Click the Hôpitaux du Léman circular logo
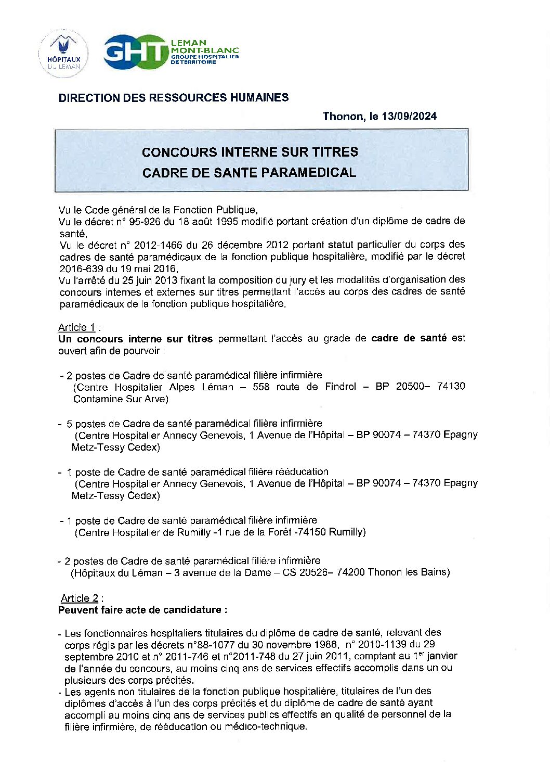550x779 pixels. tap(63, 54)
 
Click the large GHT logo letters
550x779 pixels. tap(136, 52)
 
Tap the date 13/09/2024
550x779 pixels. tap(409, 116)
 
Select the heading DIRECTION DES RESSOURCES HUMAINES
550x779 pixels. tap(174, 98)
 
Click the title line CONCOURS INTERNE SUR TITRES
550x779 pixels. tap(250, 152)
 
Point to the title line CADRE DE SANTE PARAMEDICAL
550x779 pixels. tap(249, 173)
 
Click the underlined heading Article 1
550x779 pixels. tap(77, 327)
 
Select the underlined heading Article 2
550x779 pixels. tap(80, 598)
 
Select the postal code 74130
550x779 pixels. tap(451, 386)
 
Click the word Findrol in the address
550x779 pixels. tap(341, 387)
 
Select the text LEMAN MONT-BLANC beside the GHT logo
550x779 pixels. tap(204, 46)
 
